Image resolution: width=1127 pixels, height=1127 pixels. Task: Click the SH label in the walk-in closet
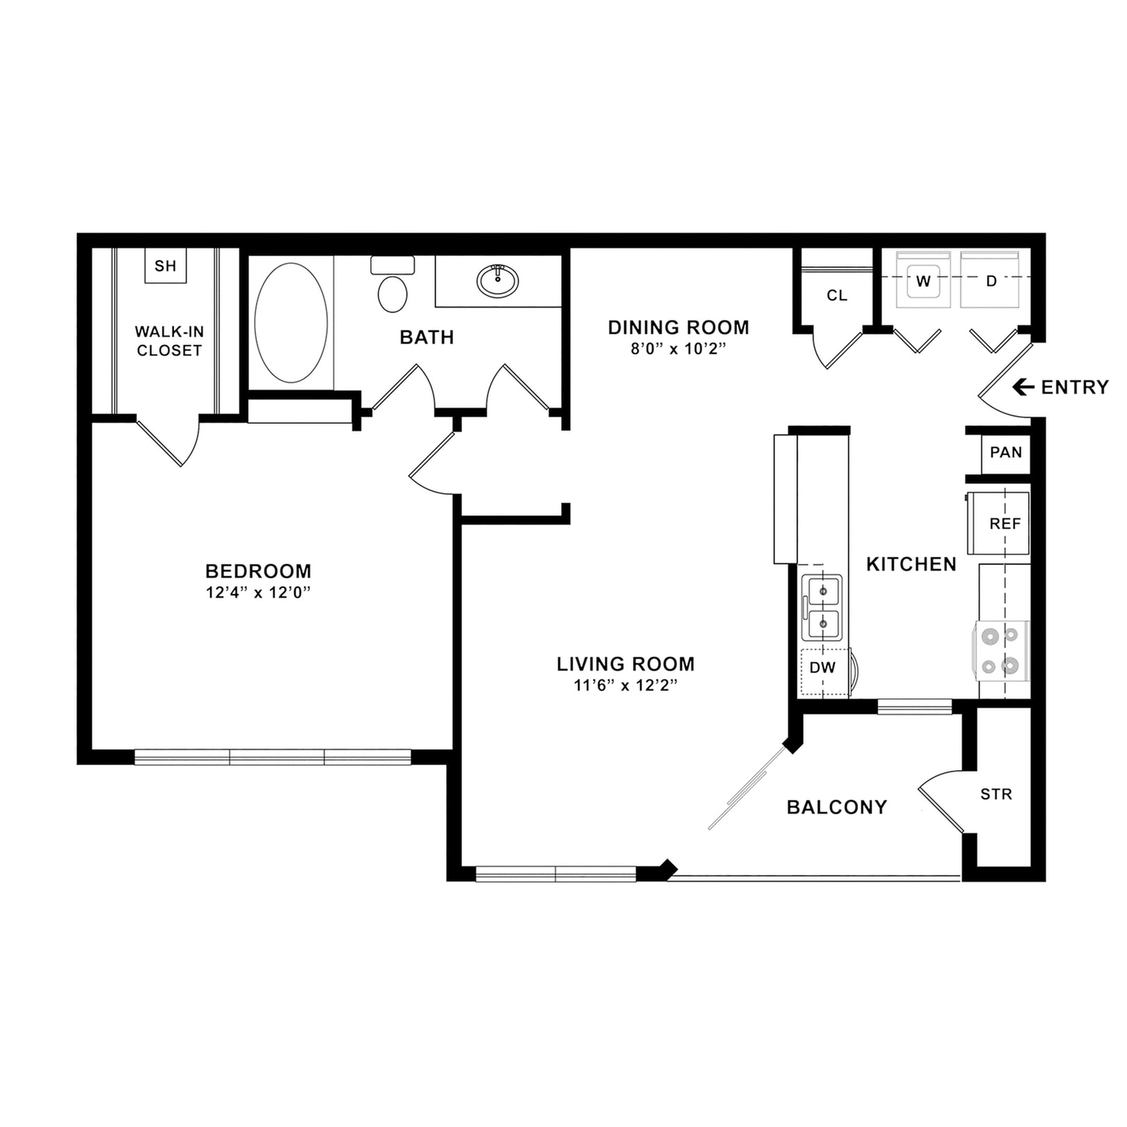click(166, 266)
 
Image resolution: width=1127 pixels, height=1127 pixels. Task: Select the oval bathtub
click(291, 323)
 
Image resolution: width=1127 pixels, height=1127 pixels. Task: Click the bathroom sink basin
click(497, 281)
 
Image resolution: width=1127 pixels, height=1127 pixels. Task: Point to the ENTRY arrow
click(1023, 387)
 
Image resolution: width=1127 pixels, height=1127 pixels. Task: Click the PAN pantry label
click(1005, 453)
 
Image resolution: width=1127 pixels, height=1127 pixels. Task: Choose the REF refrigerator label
click(1005, 524)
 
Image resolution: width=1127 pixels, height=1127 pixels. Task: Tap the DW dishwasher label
click(822, 668)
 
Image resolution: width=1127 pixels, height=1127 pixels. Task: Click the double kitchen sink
click(822, 607)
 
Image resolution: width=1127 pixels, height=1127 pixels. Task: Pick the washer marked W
click(923, 281)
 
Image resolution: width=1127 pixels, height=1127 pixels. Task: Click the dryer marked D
click(991, 281)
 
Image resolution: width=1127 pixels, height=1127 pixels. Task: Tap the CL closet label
click(837, 296)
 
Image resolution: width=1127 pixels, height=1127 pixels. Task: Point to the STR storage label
click(996, 794)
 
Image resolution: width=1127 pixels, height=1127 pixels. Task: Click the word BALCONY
click(837, 807)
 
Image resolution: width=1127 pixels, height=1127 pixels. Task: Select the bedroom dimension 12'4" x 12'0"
click(258, 593)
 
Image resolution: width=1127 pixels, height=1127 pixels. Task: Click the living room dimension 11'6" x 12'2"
click(625, 685)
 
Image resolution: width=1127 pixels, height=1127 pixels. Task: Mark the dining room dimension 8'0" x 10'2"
click(678, 349)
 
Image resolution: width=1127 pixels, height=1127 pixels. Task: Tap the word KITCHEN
click(911, 564)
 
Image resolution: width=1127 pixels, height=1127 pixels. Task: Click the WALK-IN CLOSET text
click(169, 341)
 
